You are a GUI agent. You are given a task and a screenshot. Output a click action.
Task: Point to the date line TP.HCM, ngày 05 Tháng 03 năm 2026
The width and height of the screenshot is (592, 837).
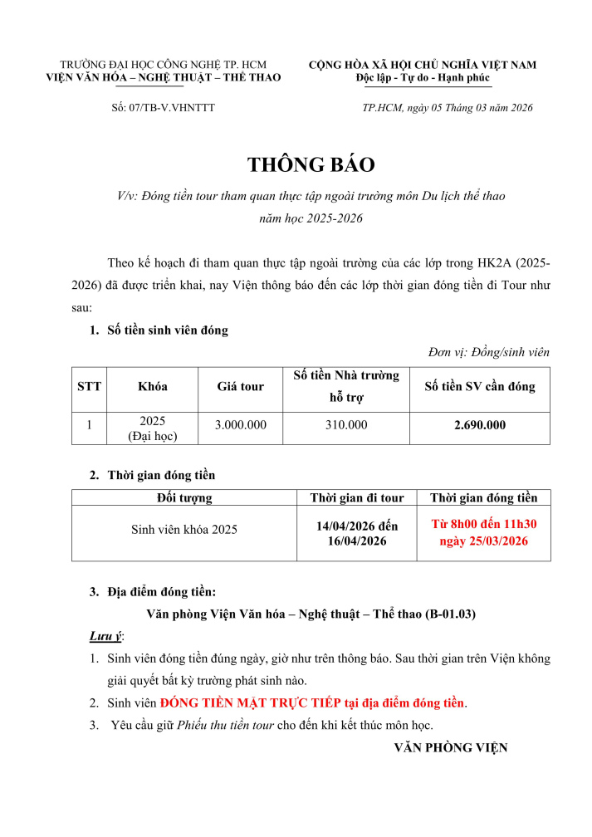click(448, 108)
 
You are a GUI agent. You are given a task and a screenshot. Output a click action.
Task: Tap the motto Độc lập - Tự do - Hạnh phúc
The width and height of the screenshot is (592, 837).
click(423, 77)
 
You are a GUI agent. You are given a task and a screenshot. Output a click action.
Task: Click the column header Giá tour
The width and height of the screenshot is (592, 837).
click(241, 386)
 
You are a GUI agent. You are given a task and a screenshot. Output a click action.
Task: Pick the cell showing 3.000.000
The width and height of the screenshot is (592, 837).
click(241, 425)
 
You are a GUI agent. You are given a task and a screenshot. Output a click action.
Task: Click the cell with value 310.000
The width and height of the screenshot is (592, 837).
click(346, 425)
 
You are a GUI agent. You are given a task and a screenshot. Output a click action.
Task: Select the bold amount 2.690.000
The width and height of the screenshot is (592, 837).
click(480, 425)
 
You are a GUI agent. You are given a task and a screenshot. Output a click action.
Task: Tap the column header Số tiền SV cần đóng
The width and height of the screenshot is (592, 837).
click(480, 386)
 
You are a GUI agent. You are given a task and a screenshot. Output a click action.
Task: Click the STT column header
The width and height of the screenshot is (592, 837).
click(89, 386)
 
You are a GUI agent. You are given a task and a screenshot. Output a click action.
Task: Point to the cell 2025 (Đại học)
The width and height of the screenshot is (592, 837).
click(153, 428)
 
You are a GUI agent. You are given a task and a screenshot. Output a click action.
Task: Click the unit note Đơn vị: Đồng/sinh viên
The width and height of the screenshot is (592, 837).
click(489, 352)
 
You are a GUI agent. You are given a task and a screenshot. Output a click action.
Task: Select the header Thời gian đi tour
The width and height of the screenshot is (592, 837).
click(357, 498)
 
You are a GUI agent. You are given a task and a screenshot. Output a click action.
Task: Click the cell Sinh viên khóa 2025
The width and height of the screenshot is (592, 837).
click(184, 530)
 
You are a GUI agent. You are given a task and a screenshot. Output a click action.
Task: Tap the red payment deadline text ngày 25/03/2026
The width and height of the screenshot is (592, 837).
click(484, 541)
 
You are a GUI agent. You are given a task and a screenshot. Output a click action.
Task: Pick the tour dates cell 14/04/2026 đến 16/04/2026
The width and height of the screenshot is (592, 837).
click(357, 533)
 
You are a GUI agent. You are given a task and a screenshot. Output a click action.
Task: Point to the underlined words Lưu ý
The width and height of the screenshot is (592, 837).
click(105, 636)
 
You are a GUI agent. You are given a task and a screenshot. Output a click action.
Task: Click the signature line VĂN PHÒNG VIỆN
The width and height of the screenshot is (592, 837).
click(450, 747)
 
